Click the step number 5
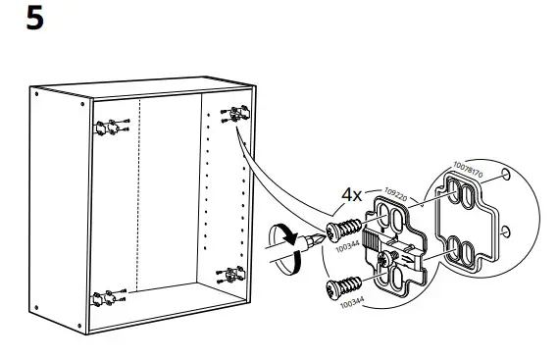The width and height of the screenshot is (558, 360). [x=34, y=19]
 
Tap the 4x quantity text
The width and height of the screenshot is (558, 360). [x=352, y=195]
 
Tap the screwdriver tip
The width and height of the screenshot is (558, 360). [x=316, y=238]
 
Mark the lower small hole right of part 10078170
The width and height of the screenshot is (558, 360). [x=507, y=232]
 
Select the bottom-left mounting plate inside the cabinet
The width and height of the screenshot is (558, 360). [x=106, y=295]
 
